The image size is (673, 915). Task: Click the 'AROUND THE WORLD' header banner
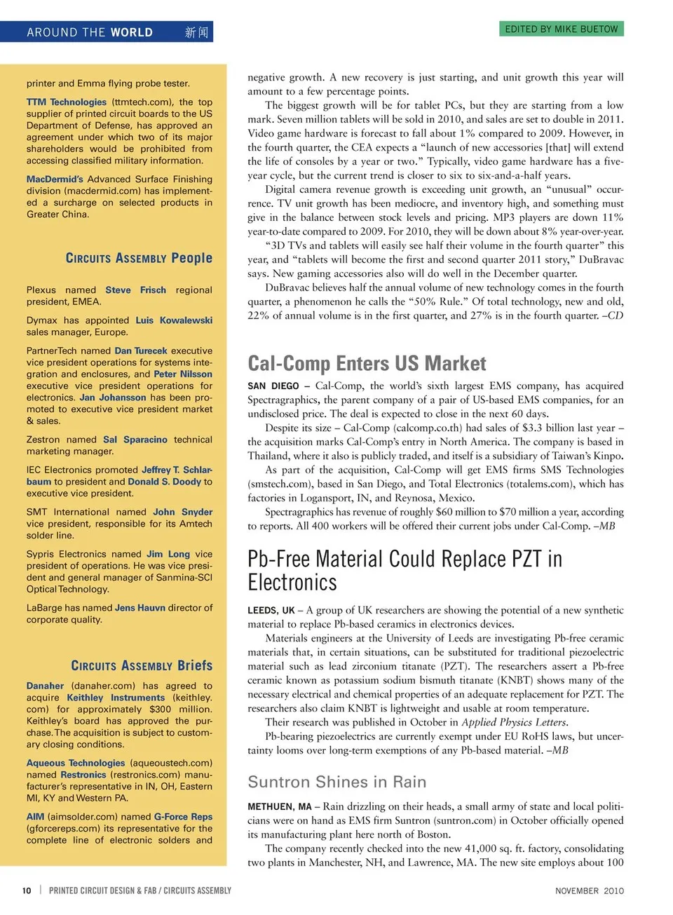[x=90, y=32]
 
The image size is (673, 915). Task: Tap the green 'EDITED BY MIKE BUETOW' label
[x=562, y=29]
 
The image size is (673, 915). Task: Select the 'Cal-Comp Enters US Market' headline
[x=367, y=363]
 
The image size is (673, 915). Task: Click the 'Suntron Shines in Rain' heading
[x=336, y=782]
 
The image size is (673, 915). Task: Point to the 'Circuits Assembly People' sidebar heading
[x=139, y=258]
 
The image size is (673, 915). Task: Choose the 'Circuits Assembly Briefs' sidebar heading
[x=142, y=665]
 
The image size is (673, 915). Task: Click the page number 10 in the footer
[x=27, y=890]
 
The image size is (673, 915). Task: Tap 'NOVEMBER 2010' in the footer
[x=589, y=890]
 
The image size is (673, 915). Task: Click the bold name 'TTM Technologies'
[x=67, y=102]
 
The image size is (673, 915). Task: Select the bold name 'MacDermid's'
[x=55, y=179]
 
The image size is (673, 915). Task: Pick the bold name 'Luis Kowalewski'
[x=174, y=320]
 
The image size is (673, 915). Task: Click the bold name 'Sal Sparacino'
[x=135, y=440]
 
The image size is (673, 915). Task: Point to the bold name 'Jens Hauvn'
[x=140, y=608]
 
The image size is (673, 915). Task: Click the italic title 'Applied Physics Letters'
[x=513, y=722]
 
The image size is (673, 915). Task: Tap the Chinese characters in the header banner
[x=196, y=32]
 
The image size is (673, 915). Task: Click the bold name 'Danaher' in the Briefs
[x=45, y=686]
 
